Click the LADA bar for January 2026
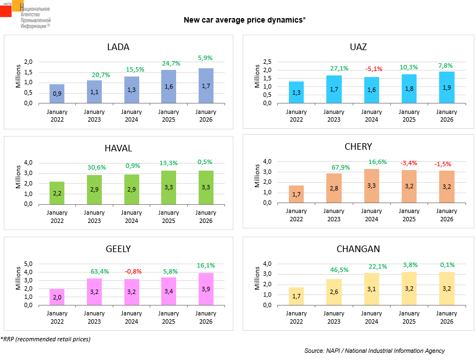206,86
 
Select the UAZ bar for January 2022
296,92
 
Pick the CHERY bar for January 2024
371,186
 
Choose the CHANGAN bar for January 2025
408,288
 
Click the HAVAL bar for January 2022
57,193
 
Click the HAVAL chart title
118,148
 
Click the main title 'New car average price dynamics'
244,20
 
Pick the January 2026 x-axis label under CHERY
446,215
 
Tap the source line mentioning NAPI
374,351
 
